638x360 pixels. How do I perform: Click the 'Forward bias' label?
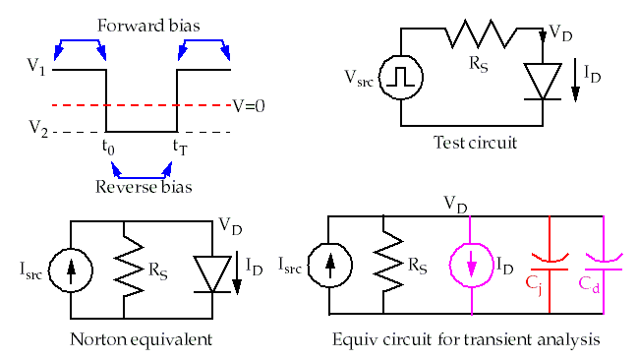pyautogui.click(x=143, y=26)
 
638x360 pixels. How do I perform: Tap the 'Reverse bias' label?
pyautogui.click(x=143, y=186)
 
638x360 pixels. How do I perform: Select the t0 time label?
pyautogui.click(x=108, y=148)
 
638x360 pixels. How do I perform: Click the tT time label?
pyautogui.click(x=181, y=148)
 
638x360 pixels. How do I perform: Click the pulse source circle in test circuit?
pyautogui.click(x=400, y=76)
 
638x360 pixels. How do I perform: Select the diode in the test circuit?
pyautogui.click(x=544, y=82)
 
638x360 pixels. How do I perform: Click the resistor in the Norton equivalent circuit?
pyautogui.click(x=124, y=268)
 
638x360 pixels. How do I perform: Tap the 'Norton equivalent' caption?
pyautogui.click(x=143, y=339)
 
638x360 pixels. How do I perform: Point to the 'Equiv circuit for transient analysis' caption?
pyautogui.click(x=466, y=339)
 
